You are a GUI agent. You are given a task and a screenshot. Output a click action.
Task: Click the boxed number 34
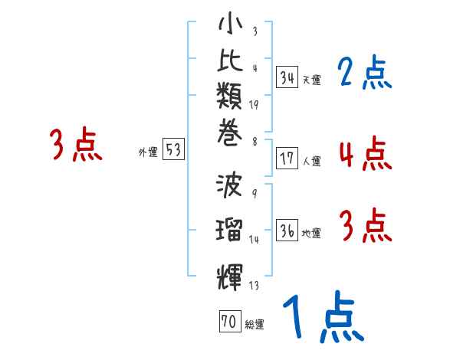point(287,77)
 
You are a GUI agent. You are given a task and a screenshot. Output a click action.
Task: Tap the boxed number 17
point(287,159)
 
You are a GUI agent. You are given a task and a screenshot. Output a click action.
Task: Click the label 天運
point(311,80)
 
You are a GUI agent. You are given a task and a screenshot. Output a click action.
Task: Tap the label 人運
point(311,162)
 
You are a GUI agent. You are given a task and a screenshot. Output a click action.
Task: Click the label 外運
point(147,152)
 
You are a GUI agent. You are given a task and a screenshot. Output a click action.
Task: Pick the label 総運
point(255,325)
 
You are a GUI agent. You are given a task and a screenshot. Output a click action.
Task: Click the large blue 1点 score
point(322,316)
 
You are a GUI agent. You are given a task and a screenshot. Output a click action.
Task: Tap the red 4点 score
point(365,153)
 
